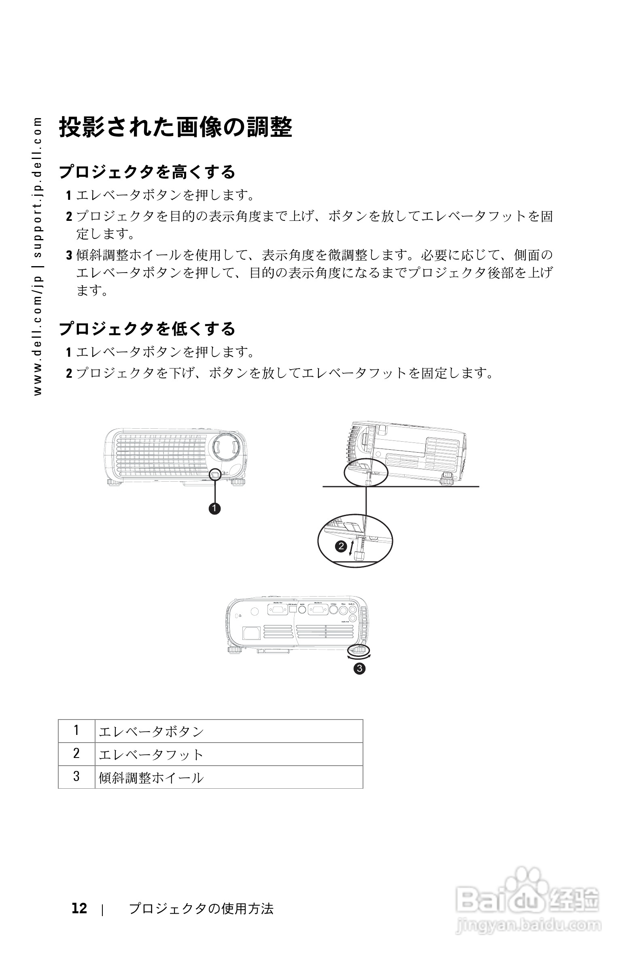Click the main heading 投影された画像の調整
coord(176,127)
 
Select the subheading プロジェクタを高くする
coord(147,172)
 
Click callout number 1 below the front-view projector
coord(214,509)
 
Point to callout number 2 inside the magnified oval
coord(341,546)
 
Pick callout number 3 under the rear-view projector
coord(359,669)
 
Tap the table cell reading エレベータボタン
coord(151,731)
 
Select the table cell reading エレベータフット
coord(151,754)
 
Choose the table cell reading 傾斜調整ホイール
coord(151,777)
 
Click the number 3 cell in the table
coord(76,777)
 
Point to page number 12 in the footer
coord(79,908)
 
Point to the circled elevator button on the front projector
coord(215,474)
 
